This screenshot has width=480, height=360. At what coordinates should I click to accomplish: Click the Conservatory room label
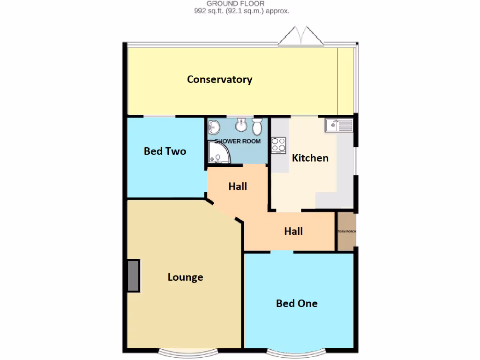(219, 79)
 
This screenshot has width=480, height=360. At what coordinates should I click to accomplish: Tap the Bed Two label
(165, 151)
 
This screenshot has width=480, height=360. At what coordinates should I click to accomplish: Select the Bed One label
(297, 303)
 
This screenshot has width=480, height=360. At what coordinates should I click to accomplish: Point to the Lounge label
(185, 277)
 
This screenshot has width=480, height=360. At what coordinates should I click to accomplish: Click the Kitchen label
(310, 157)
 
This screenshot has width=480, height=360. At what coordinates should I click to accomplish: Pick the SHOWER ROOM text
(237, 141)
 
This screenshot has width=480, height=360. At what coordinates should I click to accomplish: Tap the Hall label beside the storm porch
(293, 231)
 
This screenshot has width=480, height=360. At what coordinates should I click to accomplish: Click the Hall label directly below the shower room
(238, 186)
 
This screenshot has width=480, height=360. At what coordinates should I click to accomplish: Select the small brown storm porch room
(346, 232)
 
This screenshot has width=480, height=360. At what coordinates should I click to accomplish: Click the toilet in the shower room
(257, 126)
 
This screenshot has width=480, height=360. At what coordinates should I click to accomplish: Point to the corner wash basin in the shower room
(214, 126)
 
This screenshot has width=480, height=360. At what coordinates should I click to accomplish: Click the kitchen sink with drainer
(339, 125)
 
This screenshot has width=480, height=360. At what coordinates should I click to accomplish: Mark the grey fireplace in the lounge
(134, 276)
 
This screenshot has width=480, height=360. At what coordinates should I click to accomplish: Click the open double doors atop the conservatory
(300, 37)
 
